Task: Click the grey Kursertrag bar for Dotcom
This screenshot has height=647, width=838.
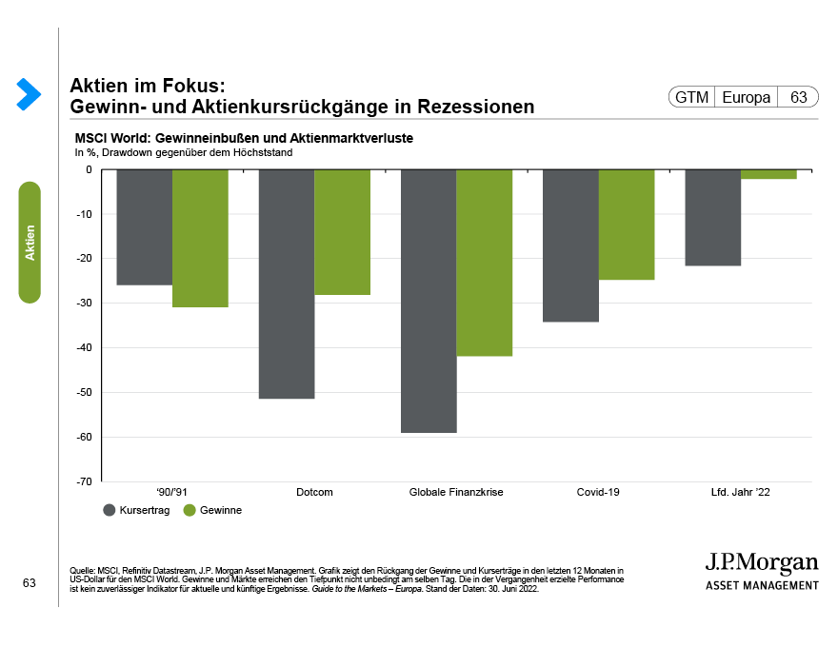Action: click(287, 284)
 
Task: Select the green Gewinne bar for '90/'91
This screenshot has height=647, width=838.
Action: click(201, 238)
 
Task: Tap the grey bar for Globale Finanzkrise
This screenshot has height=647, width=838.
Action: click(429, 301)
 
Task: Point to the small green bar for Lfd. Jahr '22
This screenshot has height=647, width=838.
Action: click(768, 174)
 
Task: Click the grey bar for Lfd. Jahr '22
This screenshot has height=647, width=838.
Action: click(713, 217)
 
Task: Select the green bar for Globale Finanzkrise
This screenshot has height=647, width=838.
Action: click(485, 263)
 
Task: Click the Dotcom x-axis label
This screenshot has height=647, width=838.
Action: click(314, 492)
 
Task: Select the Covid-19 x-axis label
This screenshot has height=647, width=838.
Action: click(598, 492)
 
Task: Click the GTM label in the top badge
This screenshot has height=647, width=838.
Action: click(692, 97)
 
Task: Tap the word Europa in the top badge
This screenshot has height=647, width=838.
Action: click(747, 97)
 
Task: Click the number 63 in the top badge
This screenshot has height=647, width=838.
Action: click(798, 97)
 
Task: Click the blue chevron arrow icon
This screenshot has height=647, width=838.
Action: click(29, 93)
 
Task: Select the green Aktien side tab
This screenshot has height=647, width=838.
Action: click(30, 243)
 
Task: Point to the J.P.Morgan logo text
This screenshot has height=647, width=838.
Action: click(761, 562)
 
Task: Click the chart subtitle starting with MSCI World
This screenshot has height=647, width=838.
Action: click(243, 139)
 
